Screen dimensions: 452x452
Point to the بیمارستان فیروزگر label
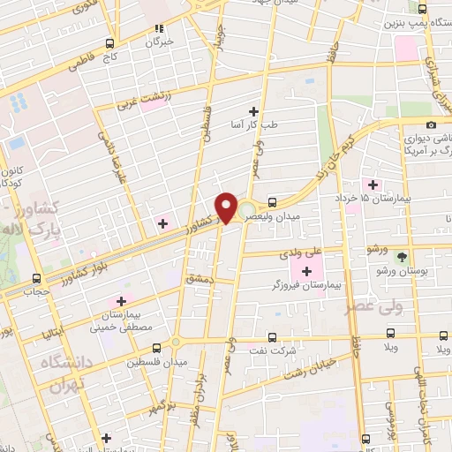[x=306, y=286]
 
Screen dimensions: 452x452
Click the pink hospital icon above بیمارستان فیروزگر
[x=307, y=271]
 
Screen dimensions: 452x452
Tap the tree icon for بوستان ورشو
[x=403, y=258]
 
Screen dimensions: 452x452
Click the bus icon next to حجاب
[x=36, y=277]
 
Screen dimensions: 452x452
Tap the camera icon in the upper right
[x=430, y=125]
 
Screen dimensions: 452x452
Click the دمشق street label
[x=196, y=278]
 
